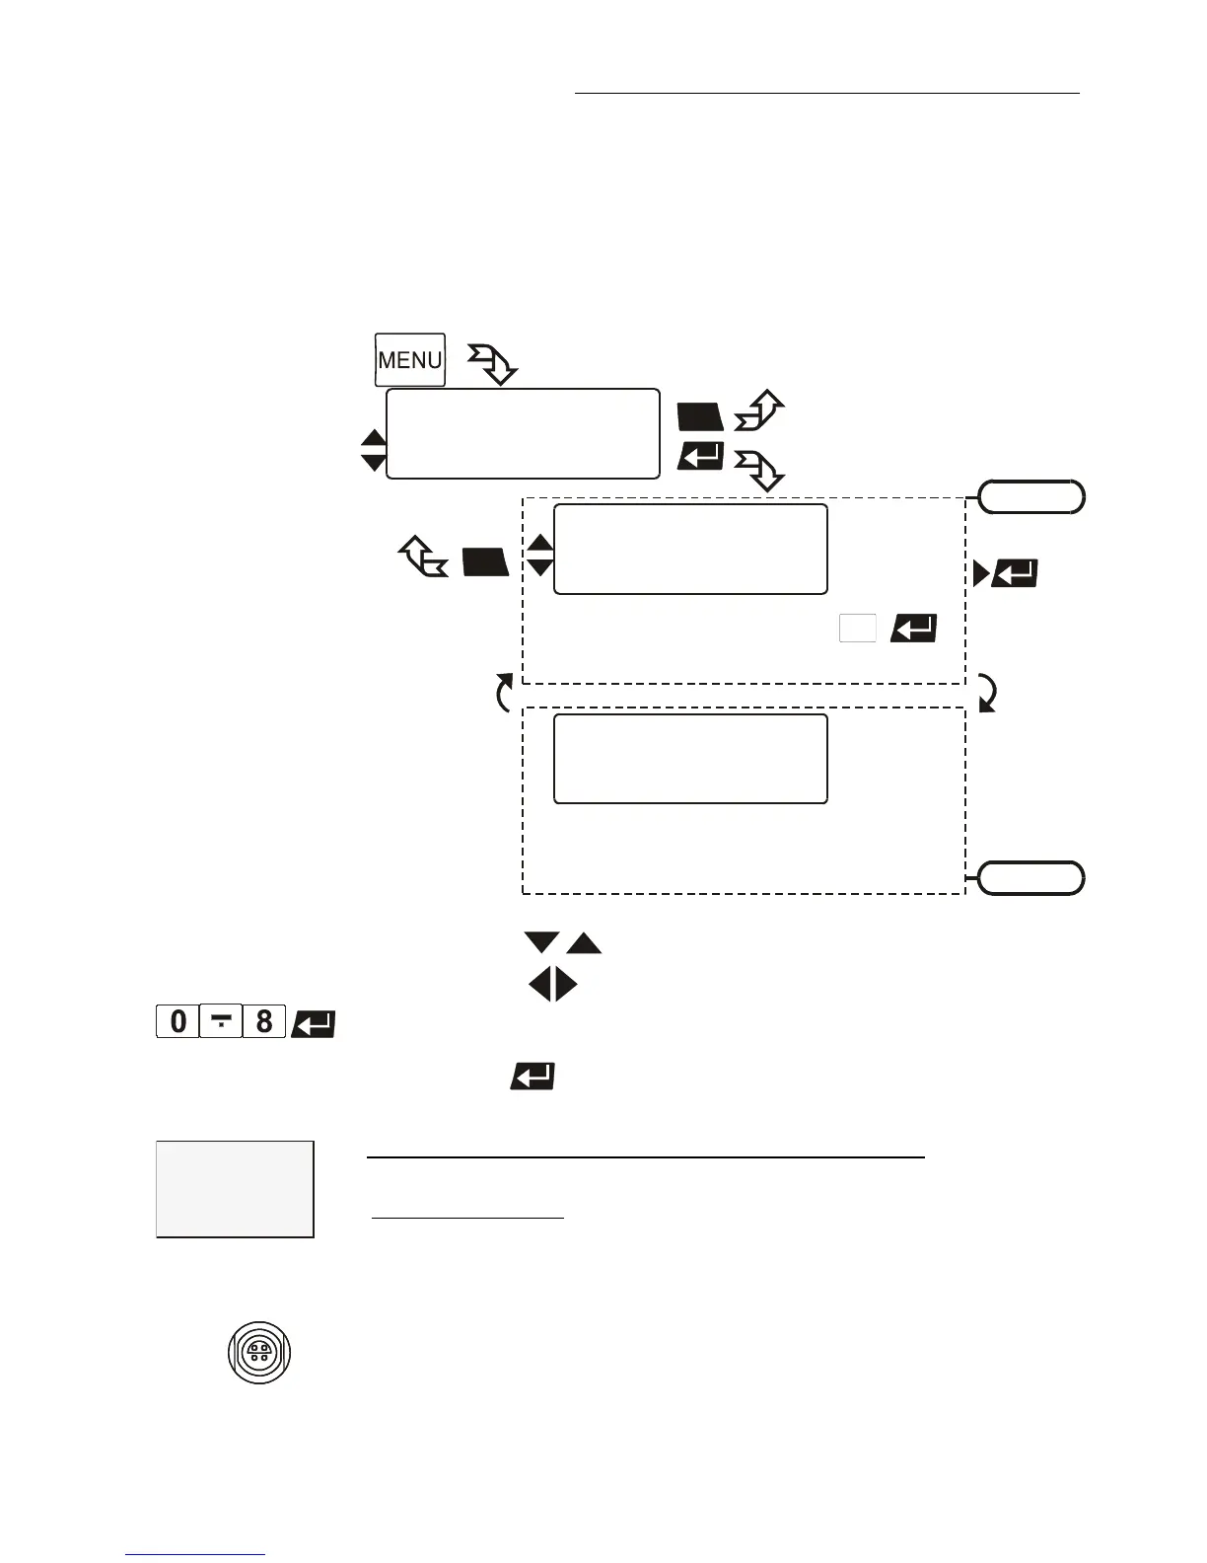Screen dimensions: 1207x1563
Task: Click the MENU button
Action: click(409, 360)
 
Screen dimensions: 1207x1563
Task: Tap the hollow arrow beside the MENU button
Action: click(493, 364)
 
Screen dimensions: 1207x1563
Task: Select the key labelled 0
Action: click(177, 1021)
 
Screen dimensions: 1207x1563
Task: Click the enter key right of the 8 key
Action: click(314, 1023)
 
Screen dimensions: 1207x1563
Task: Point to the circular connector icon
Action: click(259, 1352)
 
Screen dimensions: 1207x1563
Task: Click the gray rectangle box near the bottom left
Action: click(235, 1189)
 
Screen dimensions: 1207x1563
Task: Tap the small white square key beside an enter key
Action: click(857, 629)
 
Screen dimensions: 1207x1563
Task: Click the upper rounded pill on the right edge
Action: click(1031, 497)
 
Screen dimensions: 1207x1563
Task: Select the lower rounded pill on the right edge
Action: click(1031, 877)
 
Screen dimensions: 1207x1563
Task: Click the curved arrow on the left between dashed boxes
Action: click(504, 693)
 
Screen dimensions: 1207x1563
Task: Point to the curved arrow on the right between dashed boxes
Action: click(986, 693)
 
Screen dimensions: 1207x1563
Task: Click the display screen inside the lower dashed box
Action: click(690, 759)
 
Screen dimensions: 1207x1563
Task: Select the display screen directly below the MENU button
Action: click(523, 433)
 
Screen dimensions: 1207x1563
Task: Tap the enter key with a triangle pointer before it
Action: click(1014, 573)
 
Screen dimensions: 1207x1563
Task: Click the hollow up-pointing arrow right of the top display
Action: click(758, 411)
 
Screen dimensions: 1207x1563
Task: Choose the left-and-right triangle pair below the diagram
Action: click(553, 985)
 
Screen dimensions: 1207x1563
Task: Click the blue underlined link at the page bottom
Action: click(195, 1555)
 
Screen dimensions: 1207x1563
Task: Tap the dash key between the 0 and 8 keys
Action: click(221, 1021)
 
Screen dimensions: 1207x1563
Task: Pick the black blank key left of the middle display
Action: click(485, 562)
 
